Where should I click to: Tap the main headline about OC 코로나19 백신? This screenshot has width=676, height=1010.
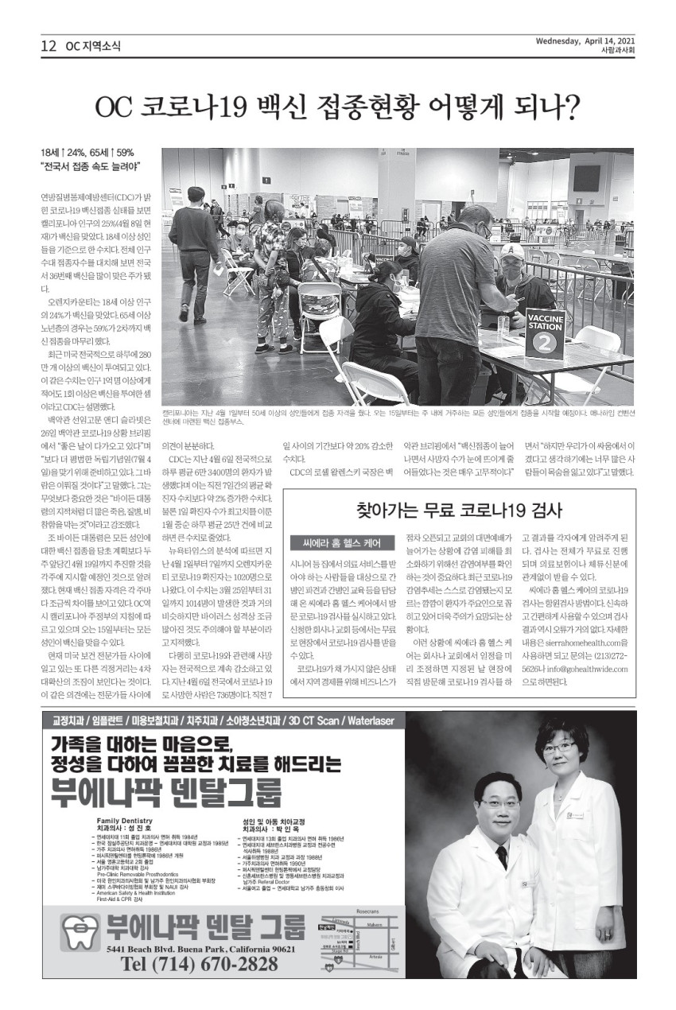coord(337,106)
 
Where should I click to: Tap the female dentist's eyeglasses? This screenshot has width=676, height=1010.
coord(560,747)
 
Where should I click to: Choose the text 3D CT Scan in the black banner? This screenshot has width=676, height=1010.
coord(313,721)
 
